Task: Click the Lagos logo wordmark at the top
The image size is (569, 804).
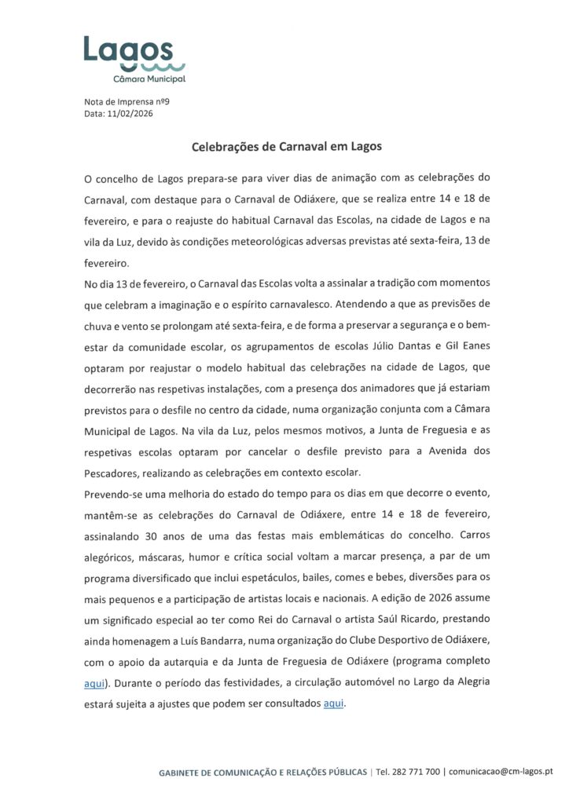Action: coord(128,49)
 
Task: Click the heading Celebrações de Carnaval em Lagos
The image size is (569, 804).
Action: coord(287,146)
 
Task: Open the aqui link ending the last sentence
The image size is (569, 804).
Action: coord(334,703)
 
